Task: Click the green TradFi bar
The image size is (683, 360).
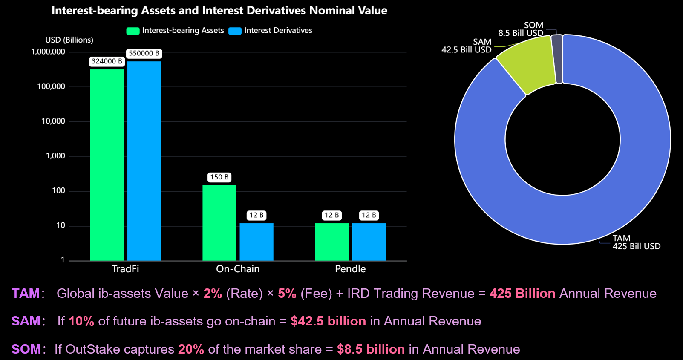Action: tap(107, 164)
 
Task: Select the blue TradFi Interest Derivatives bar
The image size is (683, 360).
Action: tap(144, 161)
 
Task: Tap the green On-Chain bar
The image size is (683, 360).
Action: tap(219, 222)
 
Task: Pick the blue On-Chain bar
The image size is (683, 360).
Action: tap(256, 242)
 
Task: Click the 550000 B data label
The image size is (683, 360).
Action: tap(144, 53)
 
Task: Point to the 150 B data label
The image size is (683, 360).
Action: tap(219, 177)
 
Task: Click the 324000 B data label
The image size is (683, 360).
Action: tap(107, 61)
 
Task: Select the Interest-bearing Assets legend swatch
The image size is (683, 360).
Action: tap(133, 31)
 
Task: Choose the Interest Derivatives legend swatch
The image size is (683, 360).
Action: tap(235, 31)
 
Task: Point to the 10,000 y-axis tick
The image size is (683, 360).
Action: tap(53, 121)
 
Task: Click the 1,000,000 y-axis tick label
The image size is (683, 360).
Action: tap(48, 52)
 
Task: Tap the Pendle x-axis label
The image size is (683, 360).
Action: tap(350, 269)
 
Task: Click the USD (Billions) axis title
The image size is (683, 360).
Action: tap(69, 40)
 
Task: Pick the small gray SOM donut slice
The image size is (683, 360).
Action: tap(557, 59)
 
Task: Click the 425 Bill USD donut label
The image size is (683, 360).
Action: tap(637, 246)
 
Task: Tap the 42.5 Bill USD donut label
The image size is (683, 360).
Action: tap(467, 50)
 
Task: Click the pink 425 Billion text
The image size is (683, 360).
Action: tap(522, 294)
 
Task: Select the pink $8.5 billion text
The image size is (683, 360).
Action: tap(371, 349)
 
